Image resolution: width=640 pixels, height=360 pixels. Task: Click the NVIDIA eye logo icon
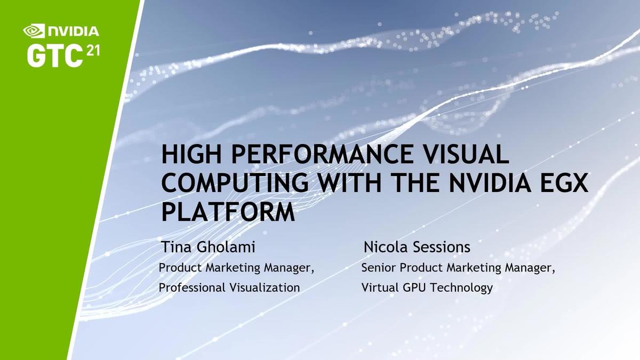pyautogui.click(x=35, y=30)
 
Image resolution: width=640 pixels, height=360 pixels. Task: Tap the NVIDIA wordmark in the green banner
pyautogui.click(x=72, y=30)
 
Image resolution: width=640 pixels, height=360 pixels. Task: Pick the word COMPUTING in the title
pyautogui.click(x=235, y=183)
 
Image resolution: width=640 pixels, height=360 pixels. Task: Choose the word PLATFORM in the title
pyautogui.click(x=228, y=212)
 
